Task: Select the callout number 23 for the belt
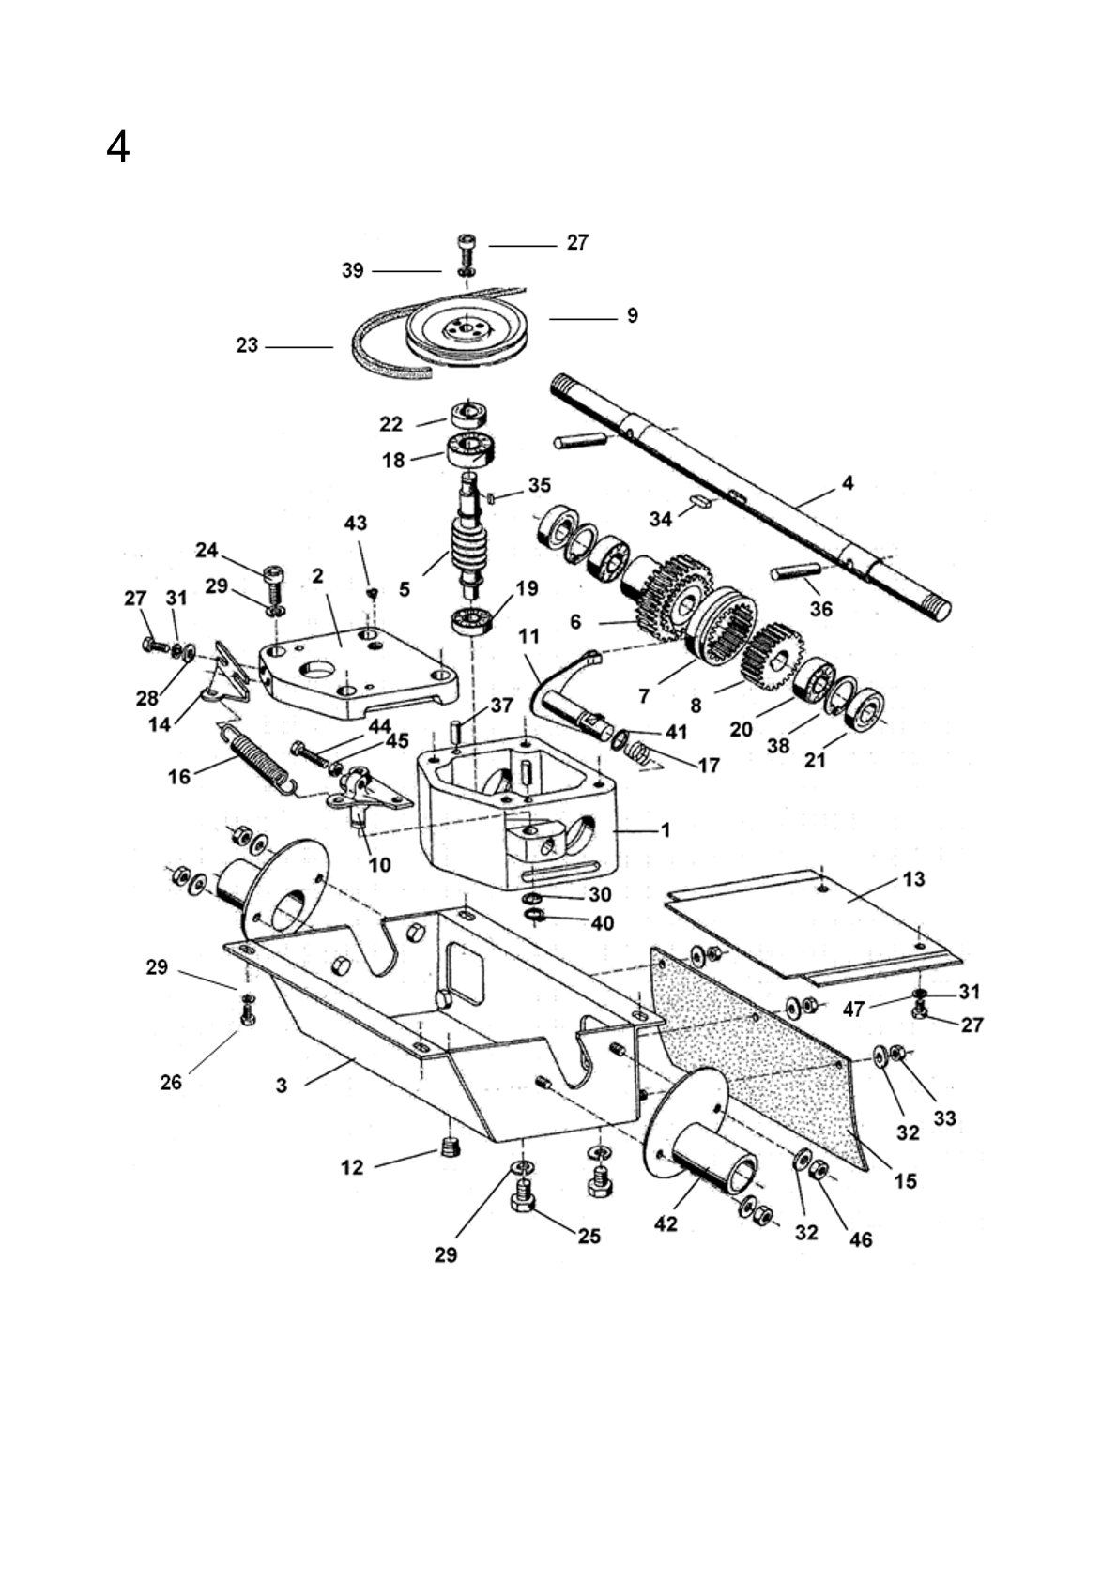pyautogui.click(x=247, y=345)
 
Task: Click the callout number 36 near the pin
pyautogui.click(x=820, y=608)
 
